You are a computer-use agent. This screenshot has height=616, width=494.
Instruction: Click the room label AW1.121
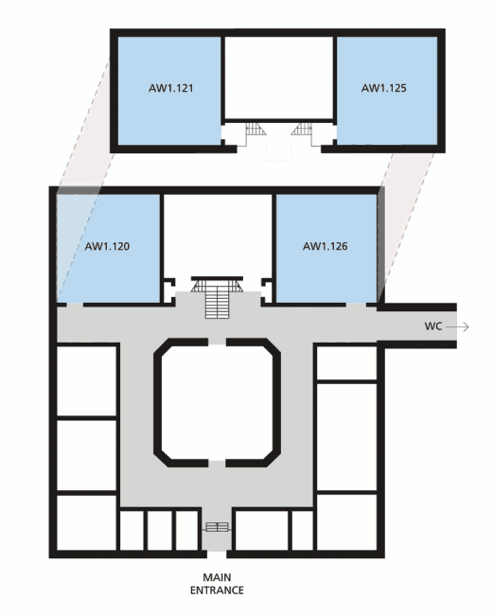point(171,88)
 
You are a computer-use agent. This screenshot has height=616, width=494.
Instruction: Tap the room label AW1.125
point(383,88)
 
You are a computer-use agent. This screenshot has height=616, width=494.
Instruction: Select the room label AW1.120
point(107,246)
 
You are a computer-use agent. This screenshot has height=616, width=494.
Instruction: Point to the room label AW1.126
point(325,246)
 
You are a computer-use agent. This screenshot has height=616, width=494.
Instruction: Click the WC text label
point(433,326)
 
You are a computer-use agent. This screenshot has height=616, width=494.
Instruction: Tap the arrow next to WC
point(457,326)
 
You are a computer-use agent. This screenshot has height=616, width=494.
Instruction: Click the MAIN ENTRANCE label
point(217,584)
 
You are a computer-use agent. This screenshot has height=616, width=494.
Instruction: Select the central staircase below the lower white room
point(217,297)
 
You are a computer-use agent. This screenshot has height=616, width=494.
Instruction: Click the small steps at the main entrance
point(217,527)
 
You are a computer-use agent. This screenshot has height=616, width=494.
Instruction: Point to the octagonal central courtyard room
point(217,403)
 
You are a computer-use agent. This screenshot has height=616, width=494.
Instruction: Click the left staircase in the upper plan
point(254,130)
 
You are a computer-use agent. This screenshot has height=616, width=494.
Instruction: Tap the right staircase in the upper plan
point(302,130)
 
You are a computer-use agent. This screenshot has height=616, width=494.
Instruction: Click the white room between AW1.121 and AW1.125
point(278,78)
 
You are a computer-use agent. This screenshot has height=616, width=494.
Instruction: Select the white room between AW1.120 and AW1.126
point(217,236)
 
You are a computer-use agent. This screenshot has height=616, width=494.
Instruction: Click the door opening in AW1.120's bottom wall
point(75,305)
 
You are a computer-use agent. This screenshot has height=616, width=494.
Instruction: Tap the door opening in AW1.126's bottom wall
point(356,305)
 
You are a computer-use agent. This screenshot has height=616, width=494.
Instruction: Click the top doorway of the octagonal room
point(217,342)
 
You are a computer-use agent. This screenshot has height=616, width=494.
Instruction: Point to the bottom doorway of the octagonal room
point(217,463)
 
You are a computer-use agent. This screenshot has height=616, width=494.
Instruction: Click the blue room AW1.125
point(387,90)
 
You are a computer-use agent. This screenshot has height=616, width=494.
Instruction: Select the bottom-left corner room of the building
point(86,523)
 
